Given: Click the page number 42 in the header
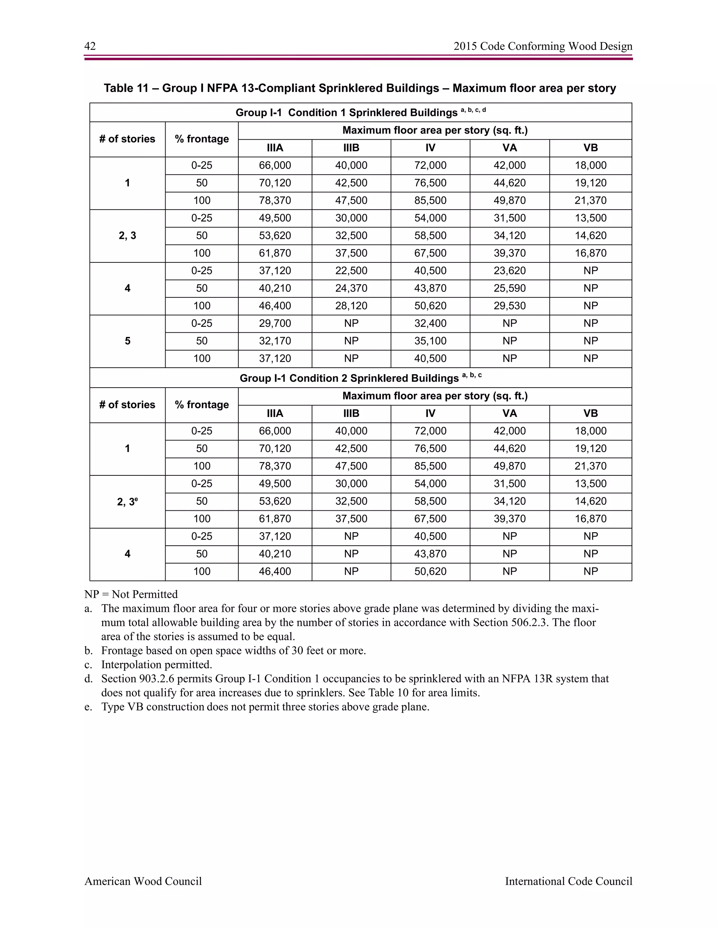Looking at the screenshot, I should tap(90, 46).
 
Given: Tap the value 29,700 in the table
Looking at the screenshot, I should tap(275, 324).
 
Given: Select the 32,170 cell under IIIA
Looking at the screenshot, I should tap(275, 341).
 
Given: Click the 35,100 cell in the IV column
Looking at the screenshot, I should tap(430, 341).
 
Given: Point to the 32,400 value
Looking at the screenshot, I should tap(430, 324).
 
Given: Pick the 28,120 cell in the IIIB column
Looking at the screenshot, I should tap(351, 306).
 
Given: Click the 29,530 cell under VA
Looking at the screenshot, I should tap(509, 306).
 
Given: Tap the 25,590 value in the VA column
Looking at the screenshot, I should tap(509, 288).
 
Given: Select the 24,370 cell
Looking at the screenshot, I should tap(351, 288).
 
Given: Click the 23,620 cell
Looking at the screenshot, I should tap(509, 271).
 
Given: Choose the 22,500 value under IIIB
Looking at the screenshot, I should tap(351, 271).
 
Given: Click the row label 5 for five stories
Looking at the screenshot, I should tap(127, 341).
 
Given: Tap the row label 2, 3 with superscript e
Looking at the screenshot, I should tap(127, 502).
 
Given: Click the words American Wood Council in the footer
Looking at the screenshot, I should tap(143, 881).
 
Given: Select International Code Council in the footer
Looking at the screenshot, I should tap(568, 881).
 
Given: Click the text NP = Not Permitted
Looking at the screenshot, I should tap(131, 594).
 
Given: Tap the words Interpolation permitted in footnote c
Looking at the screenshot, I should tap(156, 665).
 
